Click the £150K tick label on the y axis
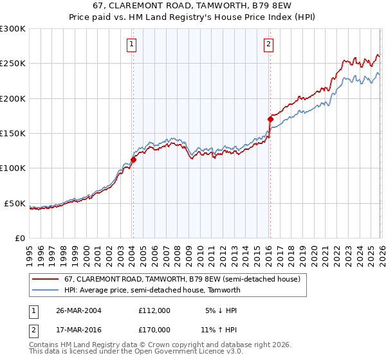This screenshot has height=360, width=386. [x=12, y=133]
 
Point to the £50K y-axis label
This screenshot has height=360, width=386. [x=14, y=203]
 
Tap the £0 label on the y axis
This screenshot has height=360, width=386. [x=19, y=238]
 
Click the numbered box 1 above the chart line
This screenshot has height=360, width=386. [x=131, y=44]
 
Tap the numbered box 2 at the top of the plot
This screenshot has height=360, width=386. [x=268, y=44]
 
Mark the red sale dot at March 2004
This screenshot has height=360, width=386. [x=133, y=159]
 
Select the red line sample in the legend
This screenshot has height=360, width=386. [x=46, y=280]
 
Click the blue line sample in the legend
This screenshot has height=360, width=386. [x=46, y=290]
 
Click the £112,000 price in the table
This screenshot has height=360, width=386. [x=154, y=310]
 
